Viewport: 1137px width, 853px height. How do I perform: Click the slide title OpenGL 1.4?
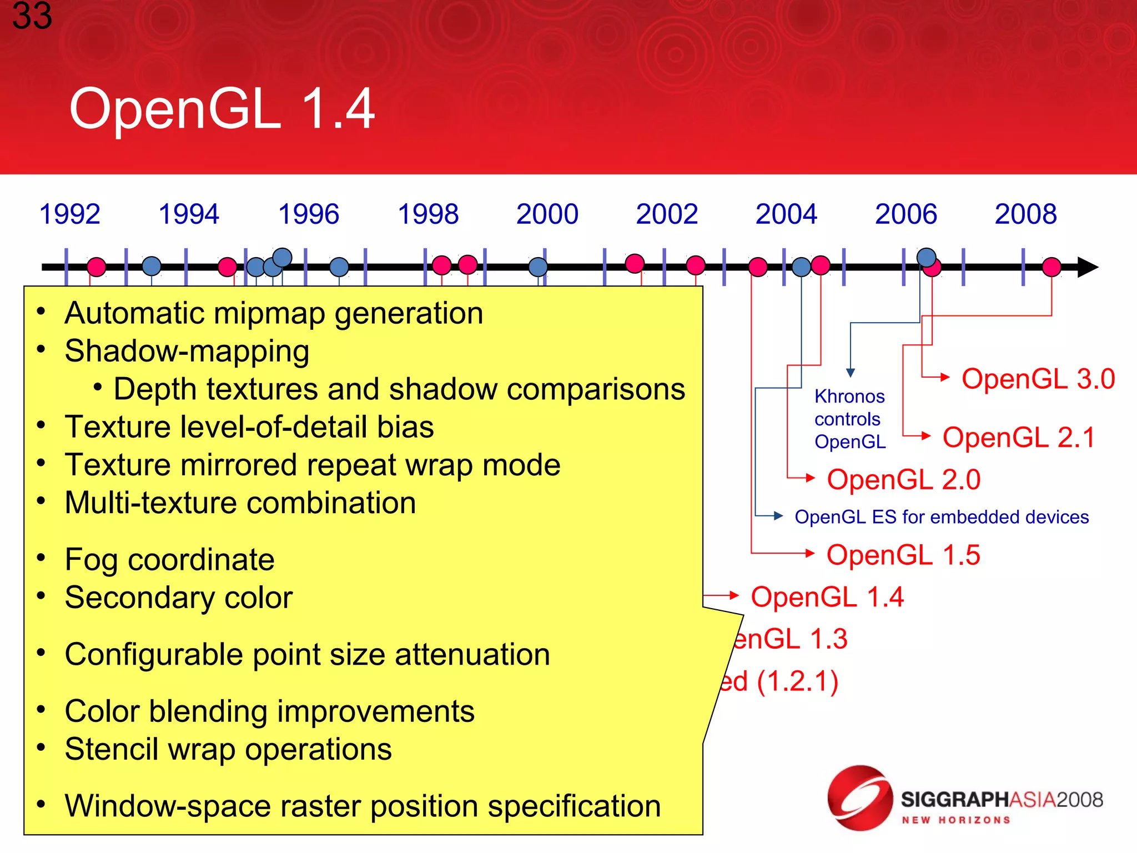pyautogui.click(x=222, y=109)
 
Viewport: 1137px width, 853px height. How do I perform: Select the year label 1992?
pyautogui.click(x=69, y=214)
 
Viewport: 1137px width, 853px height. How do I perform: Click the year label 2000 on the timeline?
pyautogui.click(x=547, y=214)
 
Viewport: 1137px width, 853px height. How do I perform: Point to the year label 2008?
pyautogui.click(x=1025, y=214)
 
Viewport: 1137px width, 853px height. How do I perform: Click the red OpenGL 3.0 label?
pyautogui.click(x=1038, y=379)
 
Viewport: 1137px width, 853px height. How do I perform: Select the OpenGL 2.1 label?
pyautogui.click(x=1018, y=438)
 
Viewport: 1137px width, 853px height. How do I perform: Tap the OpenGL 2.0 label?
pyautogui.click(x=903, y=480)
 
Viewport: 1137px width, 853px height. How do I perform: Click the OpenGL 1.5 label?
pyautogui.click(x=903, y=555)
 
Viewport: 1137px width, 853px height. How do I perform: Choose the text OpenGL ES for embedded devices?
pyautogui.click(x=941, y=517)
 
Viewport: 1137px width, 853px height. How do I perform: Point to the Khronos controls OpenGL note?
pyautogui.click(x=849, y=419)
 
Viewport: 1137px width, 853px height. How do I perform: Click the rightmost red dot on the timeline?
pyautogui.click(x=1052, y=267)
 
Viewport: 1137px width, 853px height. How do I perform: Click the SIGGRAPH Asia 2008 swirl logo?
pyautogui.click(x=859, y=797)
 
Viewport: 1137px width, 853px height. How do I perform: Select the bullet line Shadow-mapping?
pyautogui.click(x=187, y=352)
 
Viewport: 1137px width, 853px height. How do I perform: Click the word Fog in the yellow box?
pyautogui.click(x=92, y=560)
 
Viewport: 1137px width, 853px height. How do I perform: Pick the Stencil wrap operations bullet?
pyautogui.click(x=228, y=749)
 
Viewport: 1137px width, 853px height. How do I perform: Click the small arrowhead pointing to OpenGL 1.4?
pyautogui.click(x=734, y=596)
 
